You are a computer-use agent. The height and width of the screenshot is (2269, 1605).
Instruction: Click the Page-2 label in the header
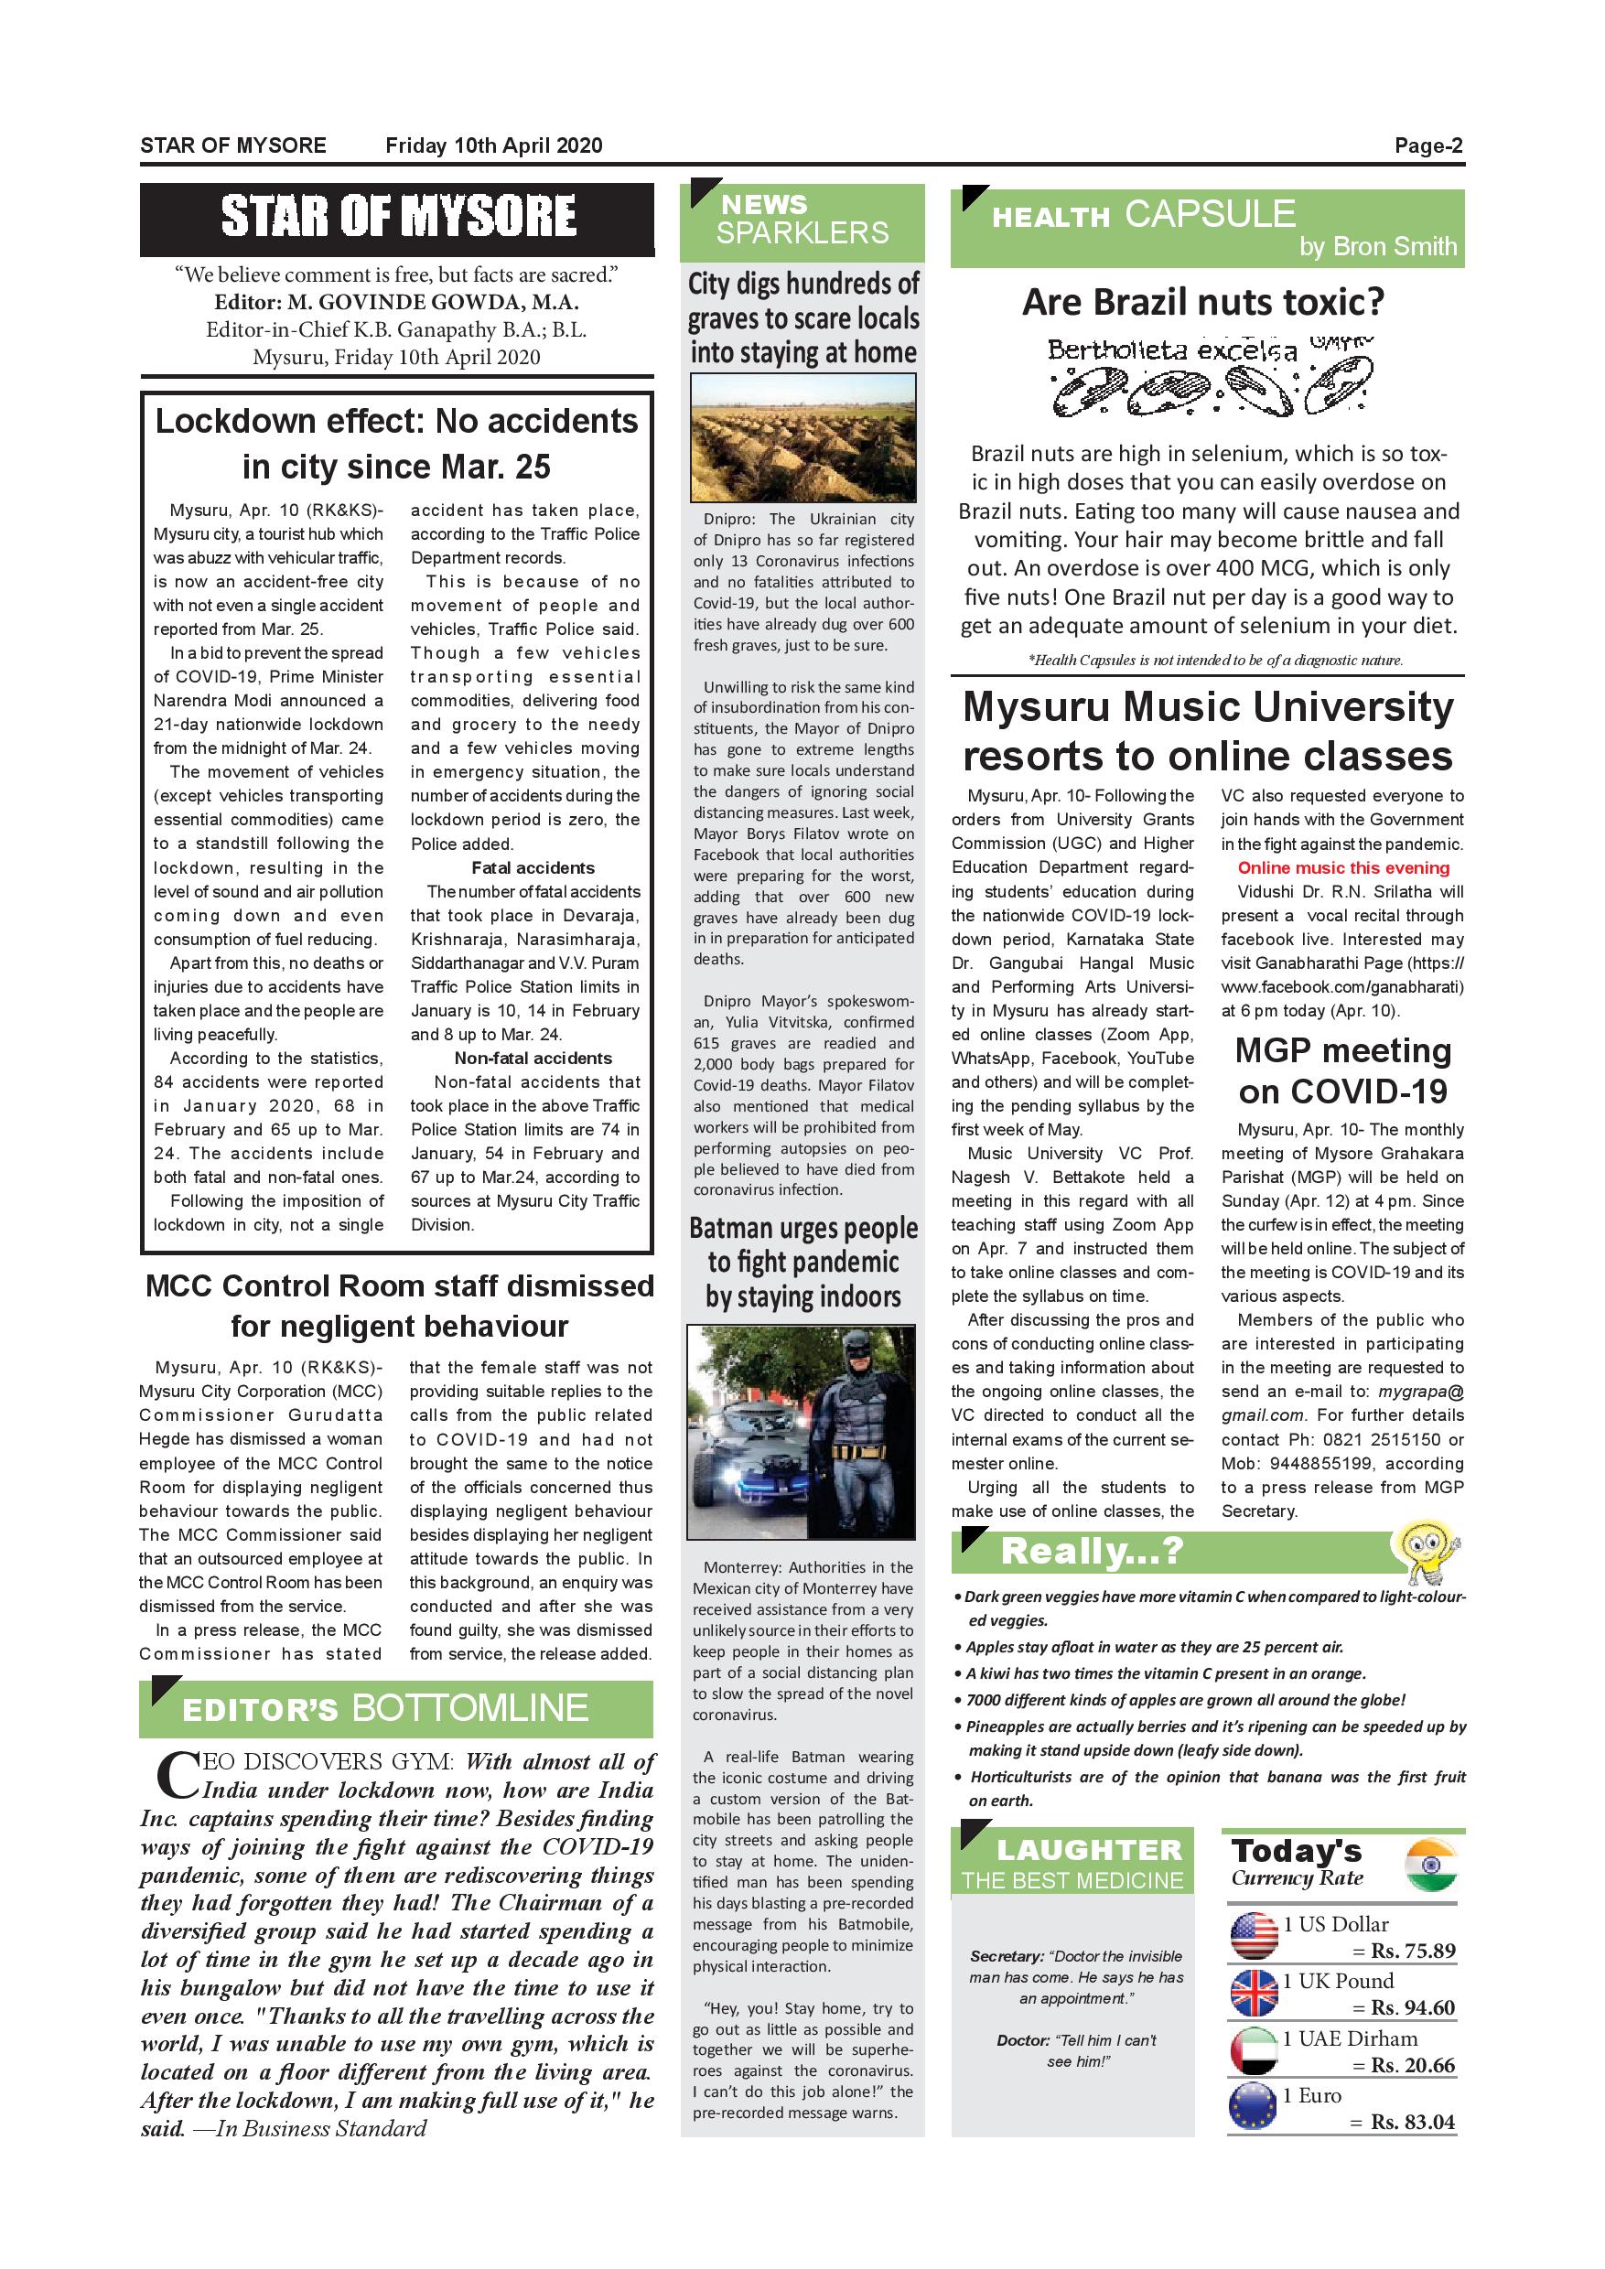coord(1428,146)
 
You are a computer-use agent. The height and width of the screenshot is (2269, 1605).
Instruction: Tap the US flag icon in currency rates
coord(1255,1936)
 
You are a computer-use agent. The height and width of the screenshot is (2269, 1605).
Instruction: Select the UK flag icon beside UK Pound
coord(1255,1994)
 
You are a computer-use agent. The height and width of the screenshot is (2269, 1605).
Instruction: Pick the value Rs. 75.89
coord(1412,1951)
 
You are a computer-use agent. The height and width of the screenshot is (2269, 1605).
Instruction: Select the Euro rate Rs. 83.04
coord(1412,2122)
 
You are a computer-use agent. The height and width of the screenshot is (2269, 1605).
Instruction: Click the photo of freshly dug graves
coord(802,436)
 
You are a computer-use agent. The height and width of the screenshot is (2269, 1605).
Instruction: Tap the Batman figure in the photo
coord(852,1433)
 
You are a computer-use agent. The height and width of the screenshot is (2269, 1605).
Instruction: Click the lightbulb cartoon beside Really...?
coord(1424,1552)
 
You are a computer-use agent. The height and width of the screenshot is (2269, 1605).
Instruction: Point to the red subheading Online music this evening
coord(1343,867)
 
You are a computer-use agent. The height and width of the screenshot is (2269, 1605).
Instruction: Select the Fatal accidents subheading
coord(533,867)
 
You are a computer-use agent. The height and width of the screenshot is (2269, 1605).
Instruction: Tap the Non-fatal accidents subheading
coord(533,1059)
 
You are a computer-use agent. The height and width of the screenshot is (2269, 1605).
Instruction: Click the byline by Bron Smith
coord(1378,246)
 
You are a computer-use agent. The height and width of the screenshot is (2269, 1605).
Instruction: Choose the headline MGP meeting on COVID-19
coord(1343,1070)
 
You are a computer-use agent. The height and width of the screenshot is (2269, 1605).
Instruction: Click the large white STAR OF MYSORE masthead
coord(397,217)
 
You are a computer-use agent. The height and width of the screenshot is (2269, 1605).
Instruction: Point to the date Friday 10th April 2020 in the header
coord(493,146)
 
